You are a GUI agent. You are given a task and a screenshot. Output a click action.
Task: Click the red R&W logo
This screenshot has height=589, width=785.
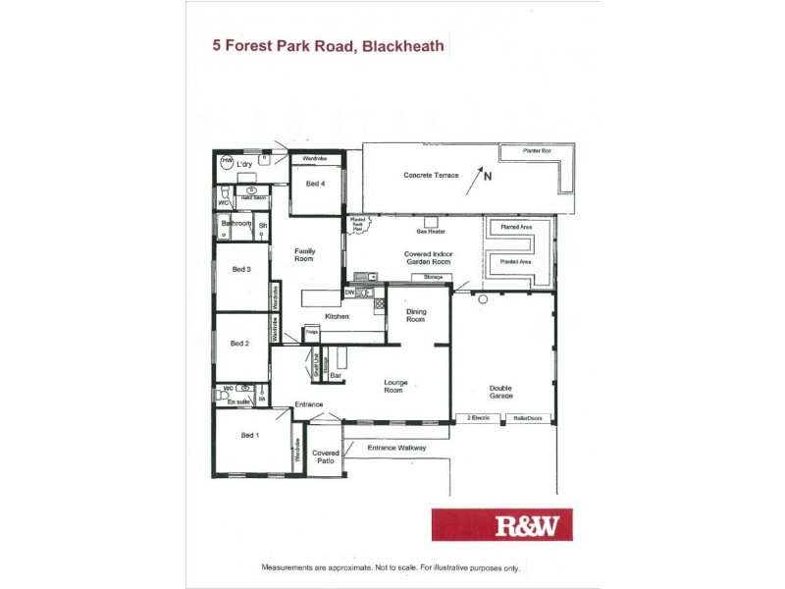(x=501, y=524)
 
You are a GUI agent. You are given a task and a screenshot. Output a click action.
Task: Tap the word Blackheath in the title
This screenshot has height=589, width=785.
(x=402, y=45)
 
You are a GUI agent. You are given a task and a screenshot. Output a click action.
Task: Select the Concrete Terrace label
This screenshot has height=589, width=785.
(x=431, y=175)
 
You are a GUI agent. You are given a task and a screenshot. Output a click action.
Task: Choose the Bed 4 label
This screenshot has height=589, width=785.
(x=315, y=184)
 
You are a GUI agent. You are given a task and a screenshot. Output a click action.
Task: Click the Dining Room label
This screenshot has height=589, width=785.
(x=416, y=315)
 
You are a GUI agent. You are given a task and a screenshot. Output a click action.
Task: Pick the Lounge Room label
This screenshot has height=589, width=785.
(x=393, y=387)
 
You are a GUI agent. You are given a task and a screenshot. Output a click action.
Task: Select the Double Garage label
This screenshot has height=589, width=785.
(x=500, y=390)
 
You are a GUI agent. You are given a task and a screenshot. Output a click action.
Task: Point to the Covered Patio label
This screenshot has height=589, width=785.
(x=325, y=457)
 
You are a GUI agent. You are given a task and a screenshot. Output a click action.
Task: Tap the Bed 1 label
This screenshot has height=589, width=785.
(x=250, y=435)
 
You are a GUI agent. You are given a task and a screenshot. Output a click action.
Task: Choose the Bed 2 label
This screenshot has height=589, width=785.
(x=239, y=344)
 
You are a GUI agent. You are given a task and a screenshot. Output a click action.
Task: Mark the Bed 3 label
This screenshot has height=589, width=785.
(x=241, y=269)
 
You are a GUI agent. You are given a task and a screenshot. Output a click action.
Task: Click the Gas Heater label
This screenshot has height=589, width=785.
(x=431, y=232)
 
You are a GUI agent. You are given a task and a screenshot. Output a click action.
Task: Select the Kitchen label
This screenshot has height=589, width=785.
(x=339, y=317)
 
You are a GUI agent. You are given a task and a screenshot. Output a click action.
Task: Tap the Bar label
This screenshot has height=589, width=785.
(x=335, y=375)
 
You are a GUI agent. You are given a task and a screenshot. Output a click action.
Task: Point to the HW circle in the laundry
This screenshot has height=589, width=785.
(x=227, y=161)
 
